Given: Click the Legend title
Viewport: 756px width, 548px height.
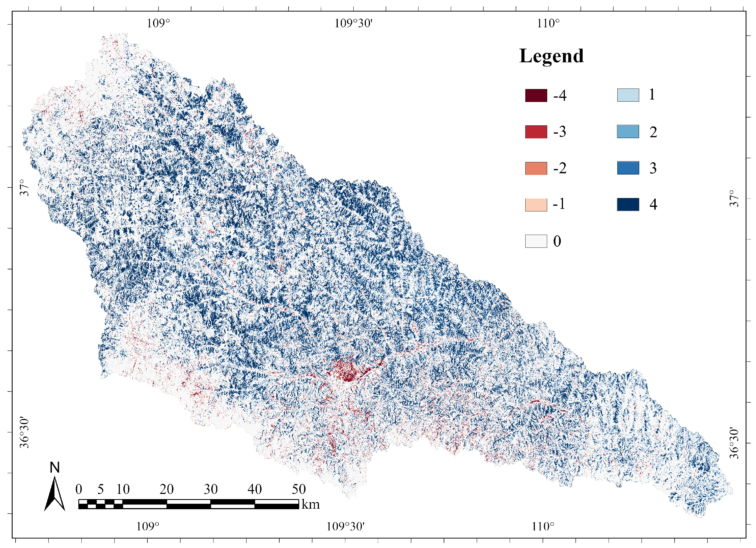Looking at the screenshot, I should pyautogui.click(x=551, y=56).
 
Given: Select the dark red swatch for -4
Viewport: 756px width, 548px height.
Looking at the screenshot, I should pyautogui.click(x=536, y=95).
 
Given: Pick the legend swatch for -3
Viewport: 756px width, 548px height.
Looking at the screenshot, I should pyautogui.click(x=536, y=132).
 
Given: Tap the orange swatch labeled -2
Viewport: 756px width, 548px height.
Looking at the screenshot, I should pyautogui.click(x=536, y=168).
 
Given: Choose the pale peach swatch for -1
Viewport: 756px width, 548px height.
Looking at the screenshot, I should pyautogui.click(x=536, y=204).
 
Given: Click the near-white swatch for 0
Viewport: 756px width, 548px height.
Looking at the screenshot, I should pyautogui.click(x=536, y=241).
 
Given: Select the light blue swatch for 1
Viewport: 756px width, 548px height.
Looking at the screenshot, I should pyautogui.click(x=628, y=95).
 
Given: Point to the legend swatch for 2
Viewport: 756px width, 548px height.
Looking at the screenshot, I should pyautogui.click(x=628, y=131).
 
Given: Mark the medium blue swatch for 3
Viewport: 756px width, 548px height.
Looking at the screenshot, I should pyautogui.click(x=628, y=168).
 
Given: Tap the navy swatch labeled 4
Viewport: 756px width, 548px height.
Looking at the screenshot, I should pyautogui.click(x=628, y=204).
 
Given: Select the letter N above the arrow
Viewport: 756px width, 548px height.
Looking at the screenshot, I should pyautogui.click(x=55, y=468).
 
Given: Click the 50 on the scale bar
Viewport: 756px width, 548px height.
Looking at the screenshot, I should pyautogui.click(x=299, y=489).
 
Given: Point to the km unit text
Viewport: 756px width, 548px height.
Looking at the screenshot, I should pyautogui.click(x=310, y=504).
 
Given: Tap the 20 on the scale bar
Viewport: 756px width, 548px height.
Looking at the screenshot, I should pyautogui.click(x=166, y=489).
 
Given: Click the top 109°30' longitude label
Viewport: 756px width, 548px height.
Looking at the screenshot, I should pyautogui.click(x=353, y=23).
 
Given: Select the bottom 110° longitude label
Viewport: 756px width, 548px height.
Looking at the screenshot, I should pyautogui.click(x=543, y=527).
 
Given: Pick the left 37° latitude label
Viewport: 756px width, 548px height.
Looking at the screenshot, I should pyautogui.click(x=24, y=187).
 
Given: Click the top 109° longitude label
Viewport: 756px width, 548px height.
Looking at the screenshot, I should pyautogui.click(x=158, y=23).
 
